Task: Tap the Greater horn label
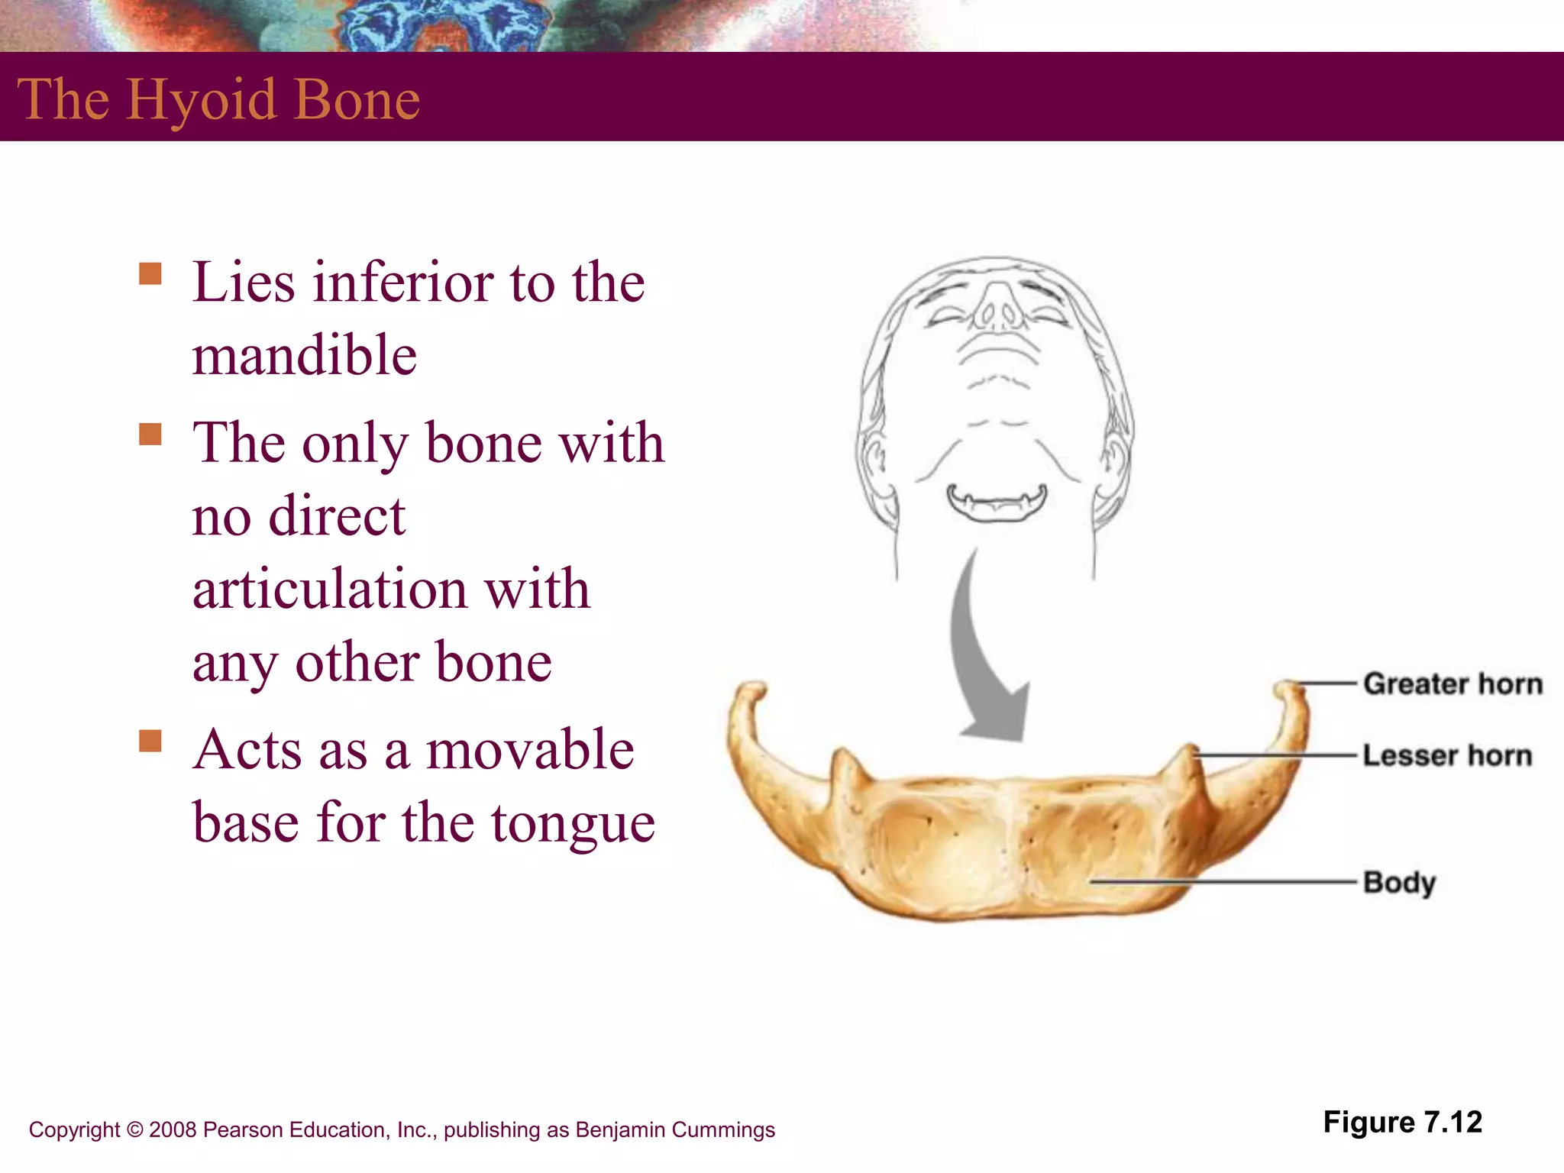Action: coord(1453,683)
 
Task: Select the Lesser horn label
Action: coord(1447,755)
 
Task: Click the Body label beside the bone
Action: coord(1399,882)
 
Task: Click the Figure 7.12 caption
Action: coord(1402,1122)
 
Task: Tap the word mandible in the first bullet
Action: coord(304,355)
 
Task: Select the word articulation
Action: coord(329,589)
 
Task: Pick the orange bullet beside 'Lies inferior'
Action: coord(150,273)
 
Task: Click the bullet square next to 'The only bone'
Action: coord(150,434)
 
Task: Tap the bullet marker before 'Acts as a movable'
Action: coord(150,741)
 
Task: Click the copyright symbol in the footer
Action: coord(134,1129)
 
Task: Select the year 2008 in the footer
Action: coord(173,1129)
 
